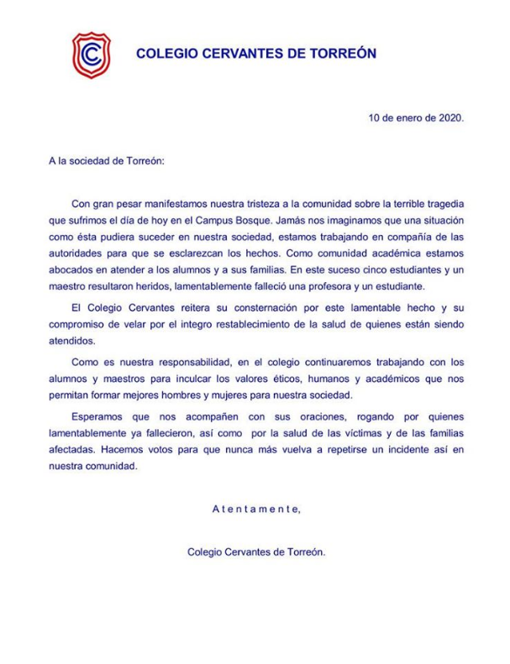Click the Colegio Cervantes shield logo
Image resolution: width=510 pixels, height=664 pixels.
click(87, 54)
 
